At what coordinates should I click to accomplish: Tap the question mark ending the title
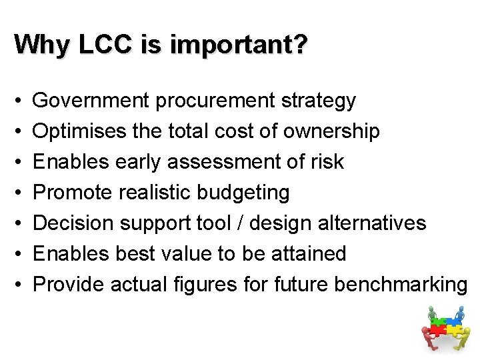pyautogui.click(x=301, y=45)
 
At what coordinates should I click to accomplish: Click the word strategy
pyautogui.click(x=318, y=101)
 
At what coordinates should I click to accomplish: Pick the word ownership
pyautogui.click(x=331, y=131)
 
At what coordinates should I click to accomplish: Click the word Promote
pyautogui.click(x=73, y=192)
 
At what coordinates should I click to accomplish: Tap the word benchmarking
pyautogui.click(x=401, y=284)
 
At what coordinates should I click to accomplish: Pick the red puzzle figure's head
pyautogui.click(x=424, y=329)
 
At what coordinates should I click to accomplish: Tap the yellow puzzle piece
pyautogui.click(x=454, y=330)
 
